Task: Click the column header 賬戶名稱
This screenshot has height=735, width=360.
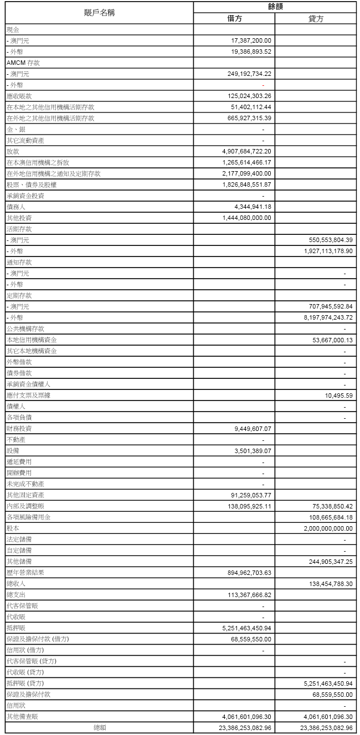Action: point(99,12)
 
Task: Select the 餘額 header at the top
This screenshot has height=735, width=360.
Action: point(275,7)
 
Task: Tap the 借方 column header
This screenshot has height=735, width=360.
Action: point(234,18)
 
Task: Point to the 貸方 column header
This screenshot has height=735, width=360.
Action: point(316,18)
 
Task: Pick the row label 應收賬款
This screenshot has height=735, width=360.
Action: point(19,96)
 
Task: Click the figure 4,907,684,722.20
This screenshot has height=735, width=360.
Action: point(246,151)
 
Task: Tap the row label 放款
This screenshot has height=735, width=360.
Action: point(13,151)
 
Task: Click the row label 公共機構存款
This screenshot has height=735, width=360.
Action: point(25,328)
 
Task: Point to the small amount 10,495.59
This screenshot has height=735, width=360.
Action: point(340,395)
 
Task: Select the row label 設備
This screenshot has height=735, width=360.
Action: point(13,450)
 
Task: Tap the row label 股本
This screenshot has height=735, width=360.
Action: point(13,528)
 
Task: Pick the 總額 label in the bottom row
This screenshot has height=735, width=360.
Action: point(100,727)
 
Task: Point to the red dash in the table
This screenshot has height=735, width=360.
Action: point(263,85)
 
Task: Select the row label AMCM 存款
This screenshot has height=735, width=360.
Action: point(23,63)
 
